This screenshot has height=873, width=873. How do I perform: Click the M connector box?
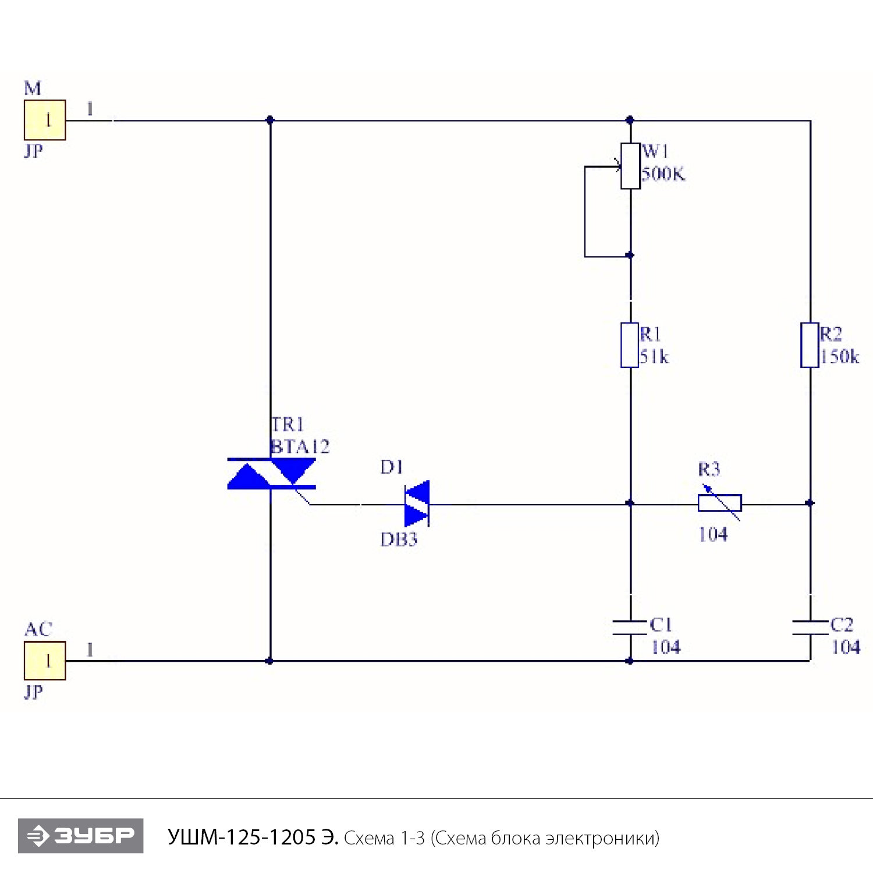tap(45, 120)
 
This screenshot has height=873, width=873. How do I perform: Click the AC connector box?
tap(45, 661)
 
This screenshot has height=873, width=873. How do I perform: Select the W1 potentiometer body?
tap(630, 166)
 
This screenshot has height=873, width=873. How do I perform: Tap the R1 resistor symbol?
tap(630, 345)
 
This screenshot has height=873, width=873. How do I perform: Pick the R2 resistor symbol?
tap(810, 345)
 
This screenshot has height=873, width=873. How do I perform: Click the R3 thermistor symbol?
tap(720, 503)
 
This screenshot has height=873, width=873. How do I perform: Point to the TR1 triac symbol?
tap(271, 474)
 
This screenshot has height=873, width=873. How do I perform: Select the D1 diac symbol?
tap(417, 503)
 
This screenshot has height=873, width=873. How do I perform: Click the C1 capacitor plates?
tap(630, 627)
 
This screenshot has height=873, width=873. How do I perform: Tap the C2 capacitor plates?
tap(810, 627)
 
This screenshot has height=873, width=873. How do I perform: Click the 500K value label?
tap(663, 174)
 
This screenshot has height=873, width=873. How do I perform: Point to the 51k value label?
tap(654, 357)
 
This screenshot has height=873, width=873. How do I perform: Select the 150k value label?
tap(839, 357)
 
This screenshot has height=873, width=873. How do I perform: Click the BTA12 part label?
tap(300, 447)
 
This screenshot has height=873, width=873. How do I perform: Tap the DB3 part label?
tap(399, 540)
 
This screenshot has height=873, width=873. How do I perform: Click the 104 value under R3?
tap(713, 534)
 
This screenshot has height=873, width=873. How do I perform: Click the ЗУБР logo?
tap(81, 836)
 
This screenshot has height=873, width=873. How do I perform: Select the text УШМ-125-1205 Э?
tap(253, 837)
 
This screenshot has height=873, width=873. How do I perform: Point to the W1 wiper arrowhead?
tap(618, 166)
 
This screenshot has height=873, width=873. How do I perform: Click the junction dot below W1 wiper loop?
tap(630, 255)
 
